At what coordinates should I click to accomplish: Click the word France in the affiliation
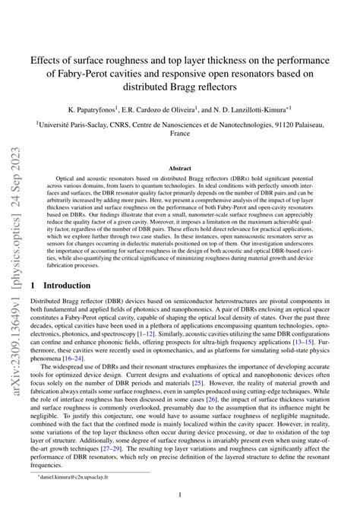point(179,131)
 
